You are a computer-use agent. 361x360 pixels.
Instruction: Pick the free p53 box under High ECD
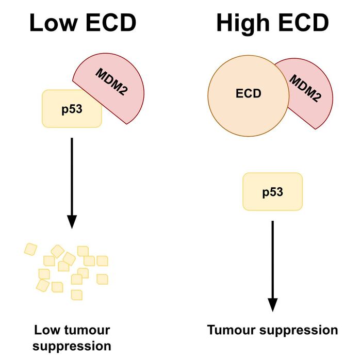click(x=272, y=192)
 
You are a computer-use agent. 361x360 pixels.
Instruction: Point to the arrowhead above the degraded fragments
click(x=72, y=221)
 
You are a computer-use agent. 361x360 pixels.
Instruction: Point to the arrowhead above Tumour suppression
click(x=272, y=305)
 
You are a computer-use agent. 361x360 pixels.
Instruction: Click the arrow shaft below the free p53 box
click(x=272, y=258)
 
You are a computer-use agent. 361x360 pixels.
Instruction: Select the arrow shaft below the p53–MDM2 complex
click(x=72, y=175)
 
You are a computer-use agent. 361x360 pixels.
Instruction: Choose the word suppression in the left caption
click(x=72, y=345)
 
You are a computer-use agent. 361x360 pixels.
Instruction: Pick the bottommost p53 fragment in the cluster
click(x=77, y=294)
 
